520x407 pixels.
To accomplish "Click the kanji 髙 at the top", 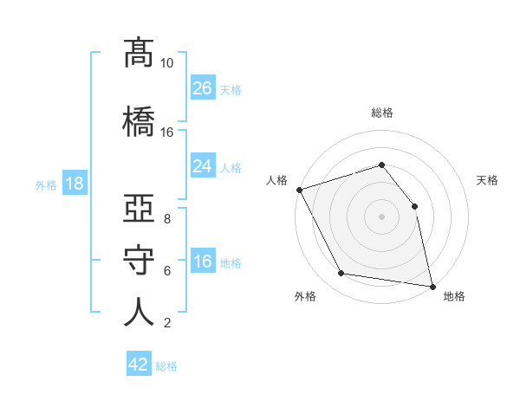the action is [x=139, y=54].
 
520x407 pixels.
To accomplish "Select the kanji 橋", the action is [x=139, y=121].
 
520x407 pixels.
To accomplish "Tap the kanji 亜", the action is [x=139, y=208].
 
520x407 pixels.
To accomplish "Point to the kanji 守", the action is [x=139, y=260].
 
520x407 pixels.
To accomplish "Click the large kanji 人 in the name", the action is [x=139, y=312].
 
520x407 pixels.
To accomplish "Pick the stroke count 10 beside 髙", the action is [x=166, y=63].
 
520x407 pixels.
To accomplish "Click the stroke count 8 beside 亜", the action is [x=167, y=219].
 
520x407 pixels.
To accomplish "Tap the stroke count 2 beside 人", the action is [x=167, y=323].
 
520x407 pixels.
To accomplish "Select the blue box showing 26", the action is [x=203, y=87].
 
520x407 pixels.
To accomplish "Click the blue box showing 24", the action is [x=203, y=165].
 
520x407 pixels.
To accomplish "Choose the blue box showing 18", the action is [x=75, y=183].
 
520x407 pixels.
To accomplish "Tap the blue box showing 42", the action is [x=139, y=363].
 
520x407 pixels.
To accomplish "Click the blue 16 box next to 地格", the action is [x=203, y=260].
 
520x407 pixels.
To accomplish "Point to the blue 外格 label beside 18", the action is [x=46, y=185].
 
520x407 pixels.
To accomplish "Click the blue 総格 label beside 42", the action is [x=166, y=366].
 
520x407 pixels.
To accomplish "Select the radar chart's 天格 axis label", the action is [x=487, y=180].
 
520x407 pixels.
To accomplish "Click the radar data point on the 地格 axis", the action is [x=432, y=287].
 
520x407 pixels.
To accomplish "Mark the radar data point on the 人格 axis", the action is [x=300, y=190].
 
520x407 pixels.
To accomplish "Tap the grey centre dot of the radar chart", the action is [x=381, y=216].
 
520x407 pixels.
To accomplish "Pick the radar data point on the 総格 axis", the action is [x=381, y=165].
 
